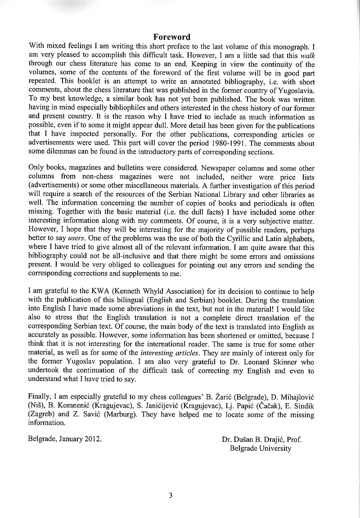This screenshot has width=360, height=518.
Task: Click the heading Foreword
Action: point(171,37)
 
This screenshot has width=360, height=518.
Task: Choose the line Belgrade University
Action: point(260,448)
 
